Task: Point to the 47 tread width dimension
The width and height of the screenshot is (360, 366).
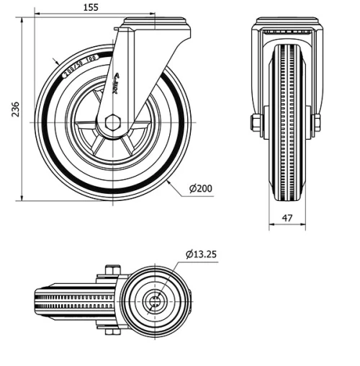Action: click(x=287, y=217)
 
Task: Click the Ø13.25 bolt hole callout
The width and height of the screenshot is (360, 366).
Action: click(x=202, y=254)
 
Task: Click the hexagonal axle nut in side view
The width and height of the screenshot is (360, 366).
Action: click(x=112, y=123)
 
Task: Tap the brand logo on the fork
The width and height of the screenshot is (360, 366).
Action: click(x=117, y=86)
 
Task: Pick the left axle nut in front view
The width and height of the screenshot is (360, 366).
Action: click(x=256, y=123)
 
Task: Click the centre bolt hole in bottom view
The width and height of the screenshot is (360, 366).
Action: click(x=154, y=301)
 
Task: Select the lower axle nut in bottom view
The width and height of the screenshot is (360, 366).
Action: click(x=110, y=331)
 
